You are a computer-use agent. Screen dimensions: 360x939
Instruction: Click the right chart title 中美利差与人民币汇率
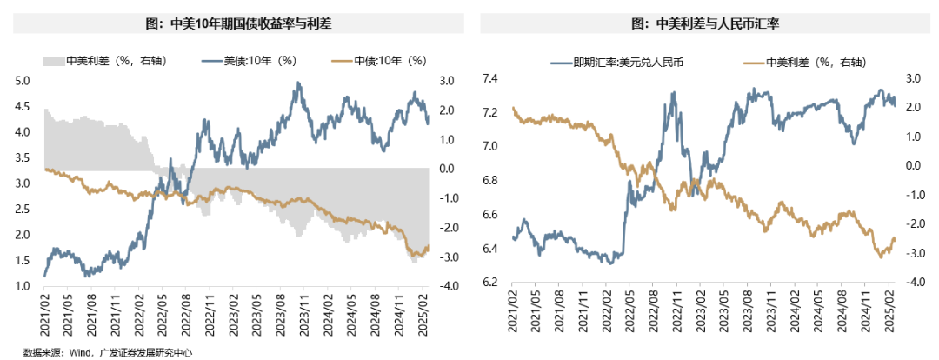click(x=702, y=24)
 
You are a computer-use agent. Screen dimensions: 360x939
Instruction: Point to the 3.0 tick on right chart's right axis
click(x=914, y=79)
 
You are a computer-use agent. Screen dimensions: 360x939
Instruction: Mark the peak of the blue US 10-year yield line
click(x=298, y=83)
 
